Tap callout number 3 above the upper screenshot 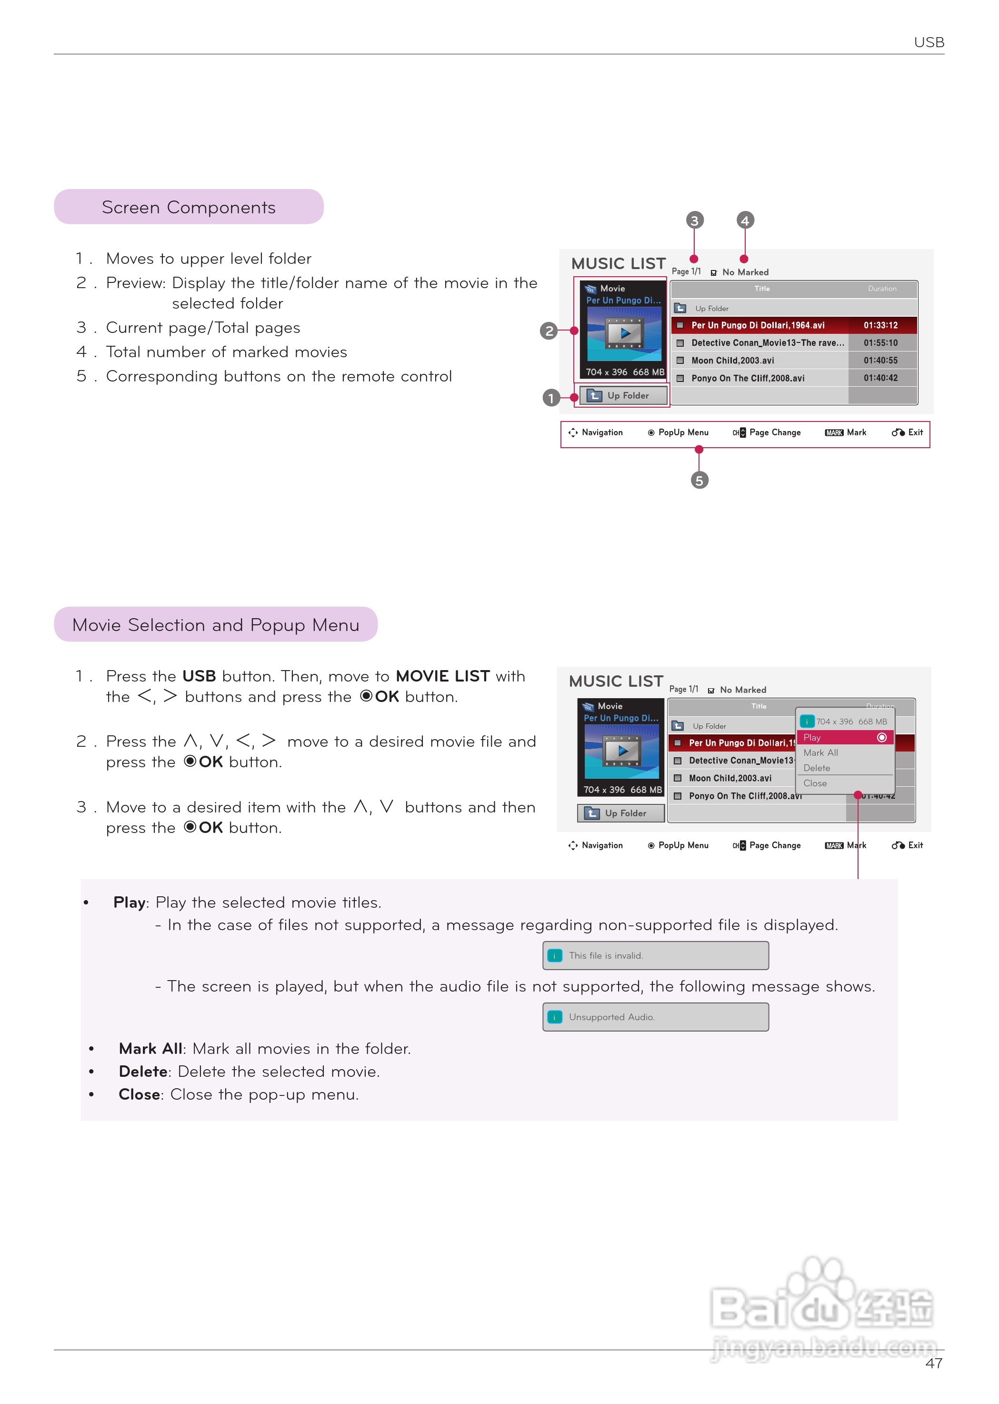tap(695, 220)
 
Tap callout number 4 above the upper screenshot tap(745, 220)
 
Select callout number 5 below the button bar tap(699, 481)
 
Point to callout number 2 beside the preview tap(549, 331)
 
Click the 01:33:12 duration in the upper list tap(880, 325)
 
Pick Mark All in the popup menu tap(820, 753)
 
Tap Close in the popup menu tap(815, 784)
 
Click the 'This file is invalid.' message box tap(655, 955)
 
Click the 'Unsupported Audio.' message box tap(655, 1017)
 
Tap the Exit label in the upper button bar tap(915, 432)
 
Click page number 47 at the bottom tap(933, 1364)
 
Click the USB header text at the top tap(928, 42)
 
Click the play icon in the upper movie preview tap(624, 333)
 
